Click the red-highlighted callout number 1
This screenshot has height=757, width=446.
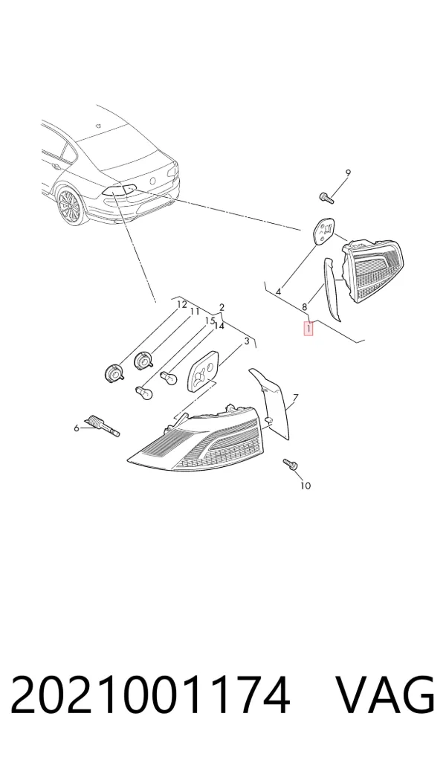(x=308, y=329)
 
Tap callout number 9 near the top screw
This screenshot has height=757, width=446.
(x=348, y=173)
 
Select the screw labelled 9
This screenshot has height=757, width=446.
(x=327, y=197)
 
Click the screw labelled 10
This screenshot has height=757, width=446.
(x=291, y=465)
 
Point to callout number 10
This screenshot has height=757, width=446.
(x=305, y=486)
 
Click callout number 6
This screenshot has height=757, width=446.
(x=76, y=428)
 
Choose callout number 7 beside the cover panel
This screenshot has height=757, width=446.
(x=295, y=398)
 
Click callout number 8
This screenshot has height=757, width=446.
(x=305, y=306)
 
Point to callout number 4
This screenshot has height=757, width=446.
(x=279, y=291)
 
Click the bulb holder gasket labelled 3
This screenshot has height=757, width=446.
(x=202, y=370)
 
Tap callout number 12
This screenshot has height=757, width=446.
(x=181, y=305)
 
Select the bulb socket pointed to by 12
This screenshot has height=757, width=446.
(x=114, y=373)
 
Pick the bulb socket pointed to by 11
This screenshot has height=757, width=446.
(x=143, y=360)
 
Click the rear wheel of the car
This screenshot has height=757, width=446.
(x=68, y=206)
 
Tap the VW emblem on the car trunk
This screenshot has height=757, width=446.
(x=153, y=181)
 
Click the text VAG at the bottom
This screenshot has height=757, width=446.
(x=385, y=695)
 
